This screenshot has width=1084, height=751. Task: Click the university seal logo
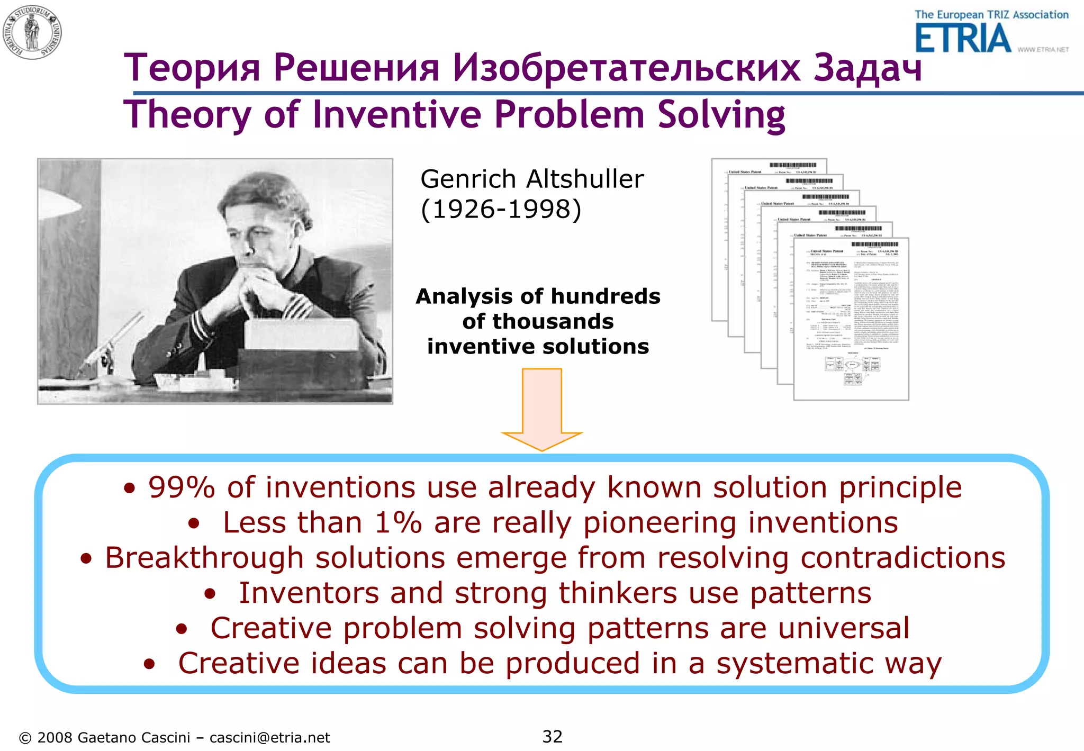32,32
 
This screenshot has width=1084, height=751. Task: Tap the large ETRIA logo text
963,39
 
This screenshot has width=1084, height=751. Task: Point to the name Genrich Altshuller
531,179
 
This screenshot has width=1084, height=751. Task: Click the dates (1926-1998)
501,209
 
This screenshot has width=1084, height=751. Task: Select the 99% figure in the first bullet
182,487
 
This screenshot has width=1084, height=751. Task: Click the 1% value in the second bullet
398,522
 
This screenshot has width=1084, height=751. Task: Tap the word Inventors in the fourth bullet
308,593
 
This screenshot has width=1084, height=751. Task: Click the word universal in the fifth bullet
843,628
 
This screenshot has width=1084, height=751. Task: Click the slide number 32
552,736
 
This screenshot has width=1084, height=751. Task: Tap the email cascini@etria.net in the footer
269,738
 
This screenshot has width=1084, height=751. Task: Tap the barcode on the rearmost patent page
792,165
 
